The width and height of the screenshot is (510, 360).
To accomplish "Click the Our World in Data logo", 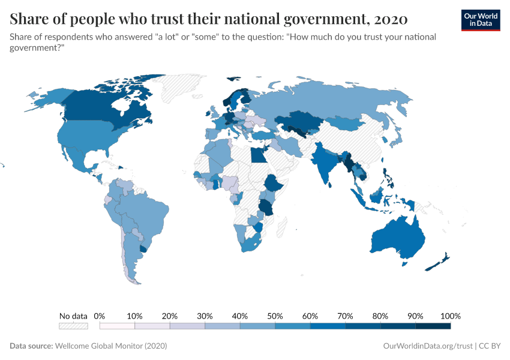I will pyautogui.click(x=480, y=20).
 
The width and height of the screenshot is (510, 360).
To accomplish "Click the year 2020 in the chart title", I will pyautogui.click(x=391, y=19).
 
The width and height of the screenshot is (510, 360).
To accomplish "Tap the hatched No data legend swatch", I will pyautogui.click(x=73, y=326).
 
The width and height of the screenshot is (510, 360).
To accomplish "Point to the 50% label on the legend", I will pyautogui.click(x=275, y=316).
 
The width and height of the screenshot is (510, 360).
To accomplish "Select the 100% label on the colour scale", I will pyautogui.click(x=450, y=316).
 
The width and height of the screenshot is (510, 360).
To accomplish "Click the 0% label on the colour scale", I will pyautogui.click(x=100, y=316).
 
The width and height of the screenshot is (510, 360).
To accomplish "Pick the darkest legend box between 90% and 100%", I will pyautogui.click(x=433, y=326).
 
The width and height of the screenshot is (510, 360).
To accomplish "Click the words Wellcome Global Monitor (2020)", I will pyautogui.click(x=110, y=346).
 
